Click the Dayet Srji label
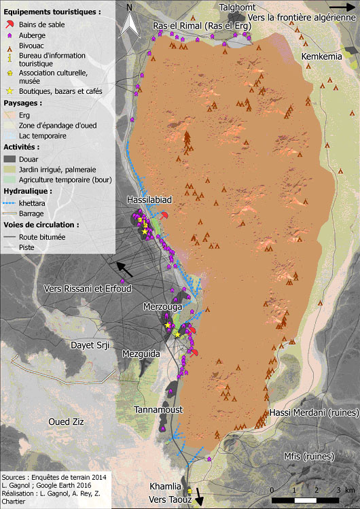coord(90,345)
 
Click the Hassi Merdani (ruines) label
coord(308,413)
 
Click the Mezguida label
coord(141,353)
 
